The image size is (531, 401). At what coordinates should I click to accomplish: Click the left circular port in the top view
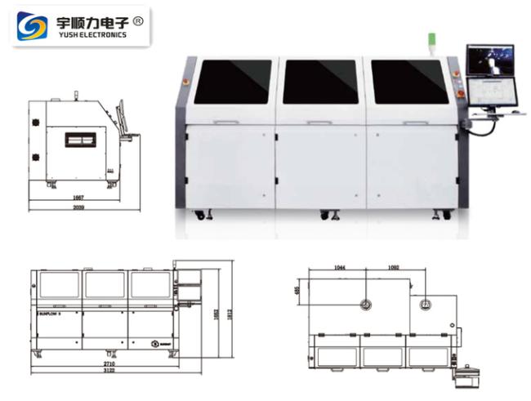click(365, 305)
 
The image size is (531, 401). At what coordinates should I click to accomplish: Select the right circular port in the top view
click(424, 305)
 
